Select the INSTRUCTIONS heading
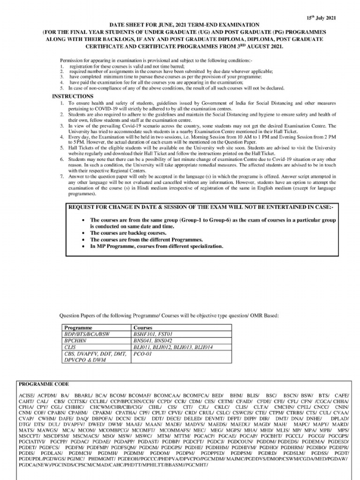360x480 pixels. tap(72, 96)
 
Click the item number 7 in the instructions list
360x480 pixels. tap(62, 176)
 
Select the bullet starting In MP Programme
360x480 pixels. tap(157, 246)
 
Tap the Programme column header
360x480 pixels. tap(78, 328)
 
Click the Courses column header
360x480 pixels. tap(143, 328)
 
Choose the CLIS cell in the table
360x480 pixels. tap(70, 348)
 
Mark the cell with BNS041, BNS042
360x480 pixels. tap(153, 341)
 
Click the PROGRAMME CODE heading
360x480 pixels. tap(44, 383)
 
